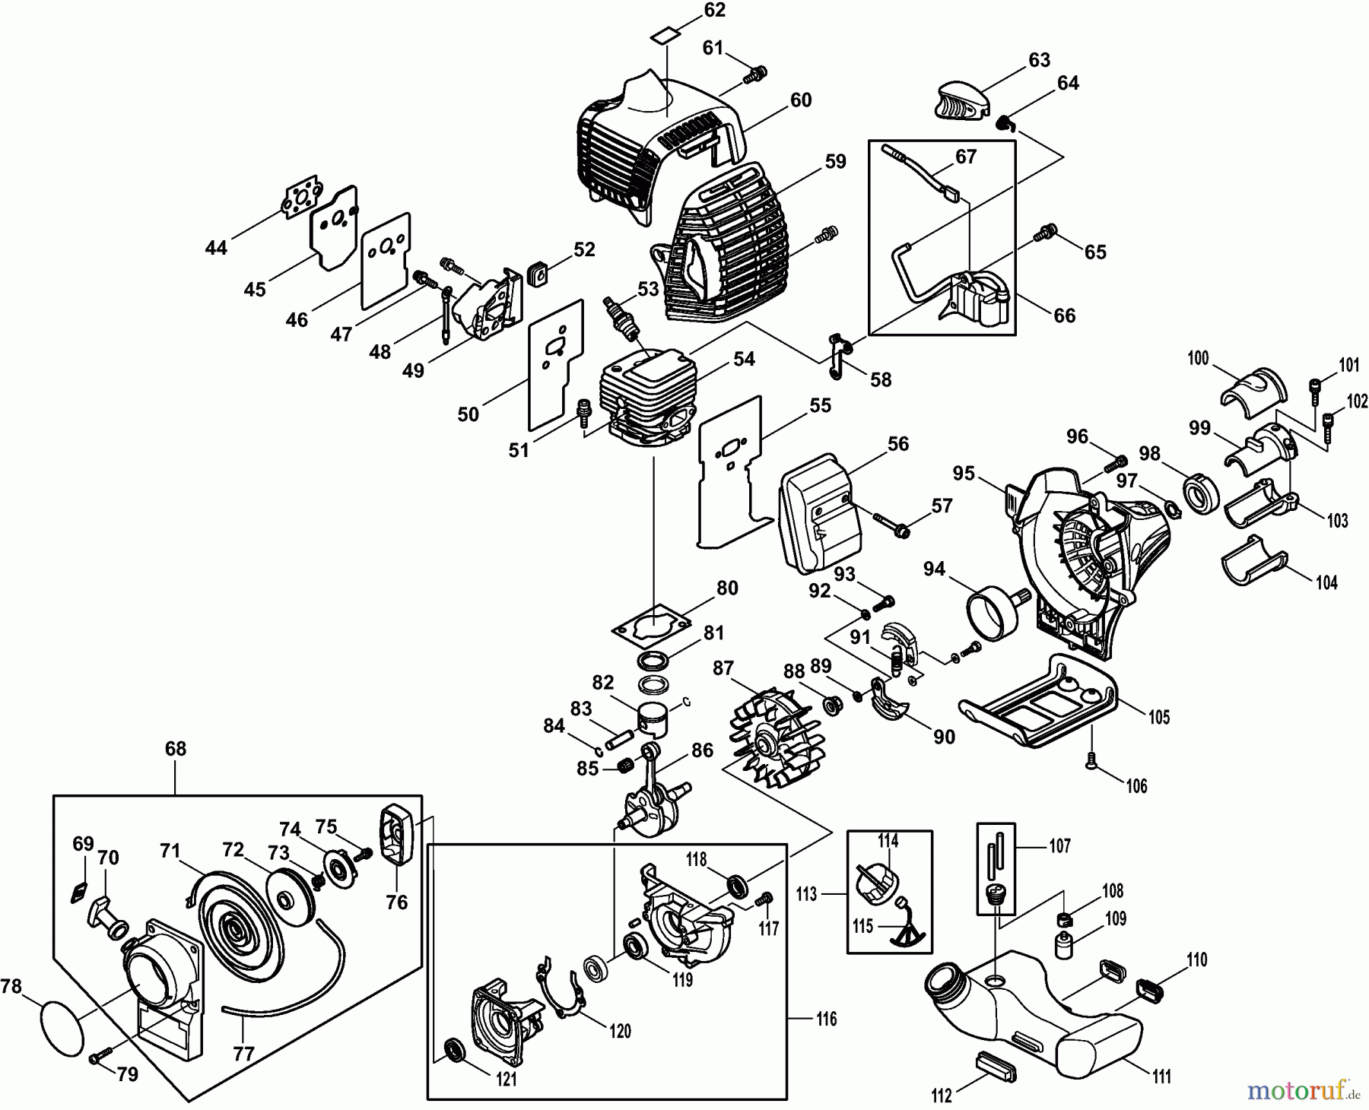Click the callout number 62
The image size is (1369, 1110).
point(714,11)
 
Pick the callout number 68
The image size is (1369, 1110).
point(175,749)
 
